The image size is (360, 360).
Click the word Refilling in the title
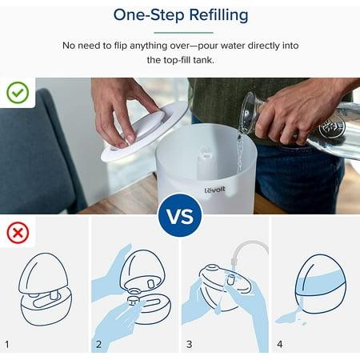(218, 15)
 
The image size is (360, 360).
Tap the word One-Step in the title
(149, 15)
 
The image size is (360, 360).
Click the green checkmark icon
(18, 93)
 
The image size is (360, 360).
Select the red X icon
(18, 233)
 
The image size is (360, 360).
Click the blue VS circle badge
(180, 215)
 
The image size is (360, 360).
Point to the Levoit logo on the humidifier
(215, 190)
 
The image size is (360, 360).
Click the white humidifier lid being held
(146, 130)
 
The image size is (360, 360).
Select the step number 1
(7, 344)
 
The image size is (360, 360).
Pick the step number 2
(98, 344)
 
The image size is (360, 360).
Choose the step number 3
(189, 344)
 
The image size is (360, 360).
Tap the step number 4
(280, 344)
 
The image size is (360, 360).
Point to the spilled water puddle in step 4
(290, 318)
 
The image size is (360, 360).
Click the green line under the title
(183, 33)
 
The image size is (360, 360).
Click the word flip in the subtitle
(121, 46)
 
